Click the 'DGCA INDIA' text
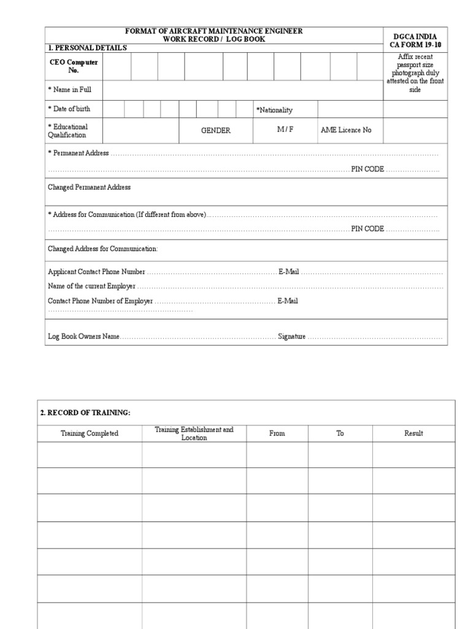pyautogui.click(x=415, y=36)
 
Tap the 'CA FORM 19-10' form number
pyautogui.click(x=415, y=45)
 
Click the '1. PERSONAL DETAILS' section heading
pyautogui.click(x=87, y=48)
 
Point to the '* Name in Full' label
pyautogui.click(x=69, y=90)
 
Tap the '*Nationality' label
pyautogui.click(x=274, y=110)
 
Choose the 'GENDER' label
pyautogui.click(x=216, y=130)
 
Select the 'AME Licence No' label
pyautogui.click(x=346, y=130)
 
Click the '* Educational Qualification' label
pyautogui.click(x=67, y=131)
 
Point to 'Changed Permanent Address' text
pyautogui.click(x=89, y=187)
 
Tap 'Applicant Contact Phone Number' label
pyautogui.click(x=96, y=272)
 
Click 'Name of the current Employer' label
pyautogui.click(x=91, y=286)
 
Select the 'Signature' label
pyautogui.click(x=291, y=337)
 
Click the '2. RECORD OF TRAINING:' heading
pyautogui.click(x=85, y=413)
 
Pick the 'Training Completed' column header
pyautogui.click(x=90, y=433)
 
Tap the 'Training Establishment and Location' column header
pyautogui.click(x=194, y=433)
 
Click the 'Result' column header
pyautogui.click(x=413, y=433)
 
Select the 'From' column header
pyautogui.click(x=277, y=433)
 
